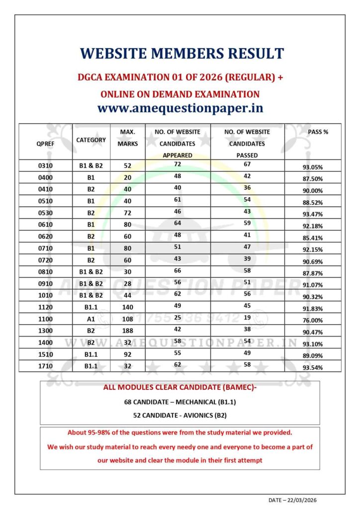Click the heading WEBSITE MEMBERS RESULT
point(182,54)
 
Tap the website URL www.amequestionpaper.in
point(180,107)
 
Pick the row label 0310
point(46,166)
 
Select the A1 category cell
point(90,319)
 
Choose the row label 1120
point(46,307)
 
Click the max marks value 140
point(127,307)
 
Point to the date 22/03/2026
point(308,501)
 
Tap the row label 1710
point(46,366)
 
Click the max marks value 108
point(127,319)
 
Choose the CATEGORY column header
point(90,140)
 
